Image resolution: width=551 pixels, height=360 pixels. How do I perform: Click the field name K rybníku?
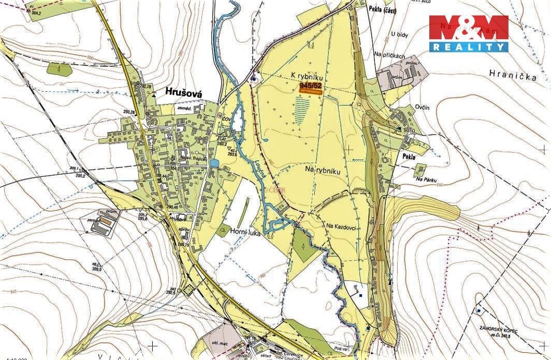click(x=308, y=75)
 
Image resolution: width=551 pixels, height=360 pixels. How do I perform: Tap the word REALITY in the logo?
click(x=469, y=47)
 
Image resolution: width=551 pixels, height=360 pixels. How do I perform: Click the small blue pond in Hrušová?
click(x=213, y=164)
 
